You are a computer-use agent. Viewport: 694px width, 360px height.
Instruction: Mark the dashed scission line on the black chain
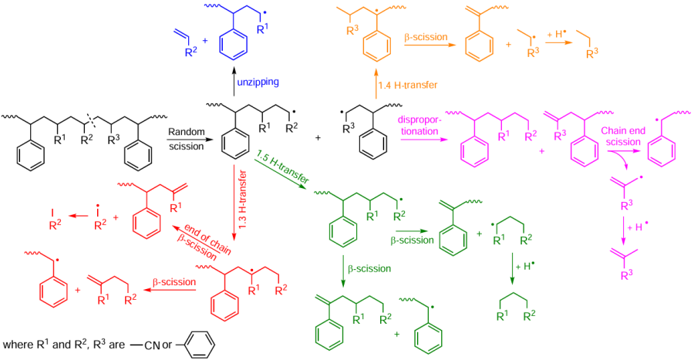pos(91,119)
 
